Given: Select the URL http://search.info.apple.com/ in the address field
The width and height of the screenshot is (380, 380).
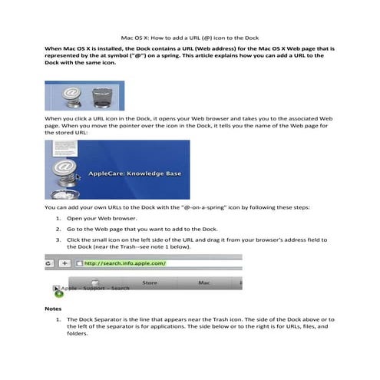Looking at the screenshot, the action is [x=125, y=263].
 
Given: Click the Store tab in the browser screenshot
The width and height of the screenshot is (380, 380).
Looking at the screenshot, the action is [x=150, y=283].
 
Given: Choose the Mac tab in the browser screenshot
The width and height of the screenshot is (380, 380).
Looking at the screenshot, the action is [x=204, y=283].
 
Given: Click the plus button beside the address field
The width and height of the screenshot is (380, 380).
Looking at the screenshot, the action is [x=65, y=263].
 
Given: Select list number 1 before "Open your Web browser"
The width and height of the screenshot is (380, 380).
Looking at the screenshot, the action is [x=58, y=219].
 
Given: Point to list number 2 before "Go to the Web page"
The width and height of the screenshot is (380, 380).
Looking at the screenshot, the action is [x=58, y=230].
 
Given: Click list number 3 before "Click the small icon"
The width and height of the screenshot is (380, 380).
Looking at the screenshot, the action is [x=58, y=240].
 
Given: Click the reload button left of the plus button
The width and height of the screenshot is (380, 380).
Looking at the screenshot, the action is [x=49, y=263].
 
